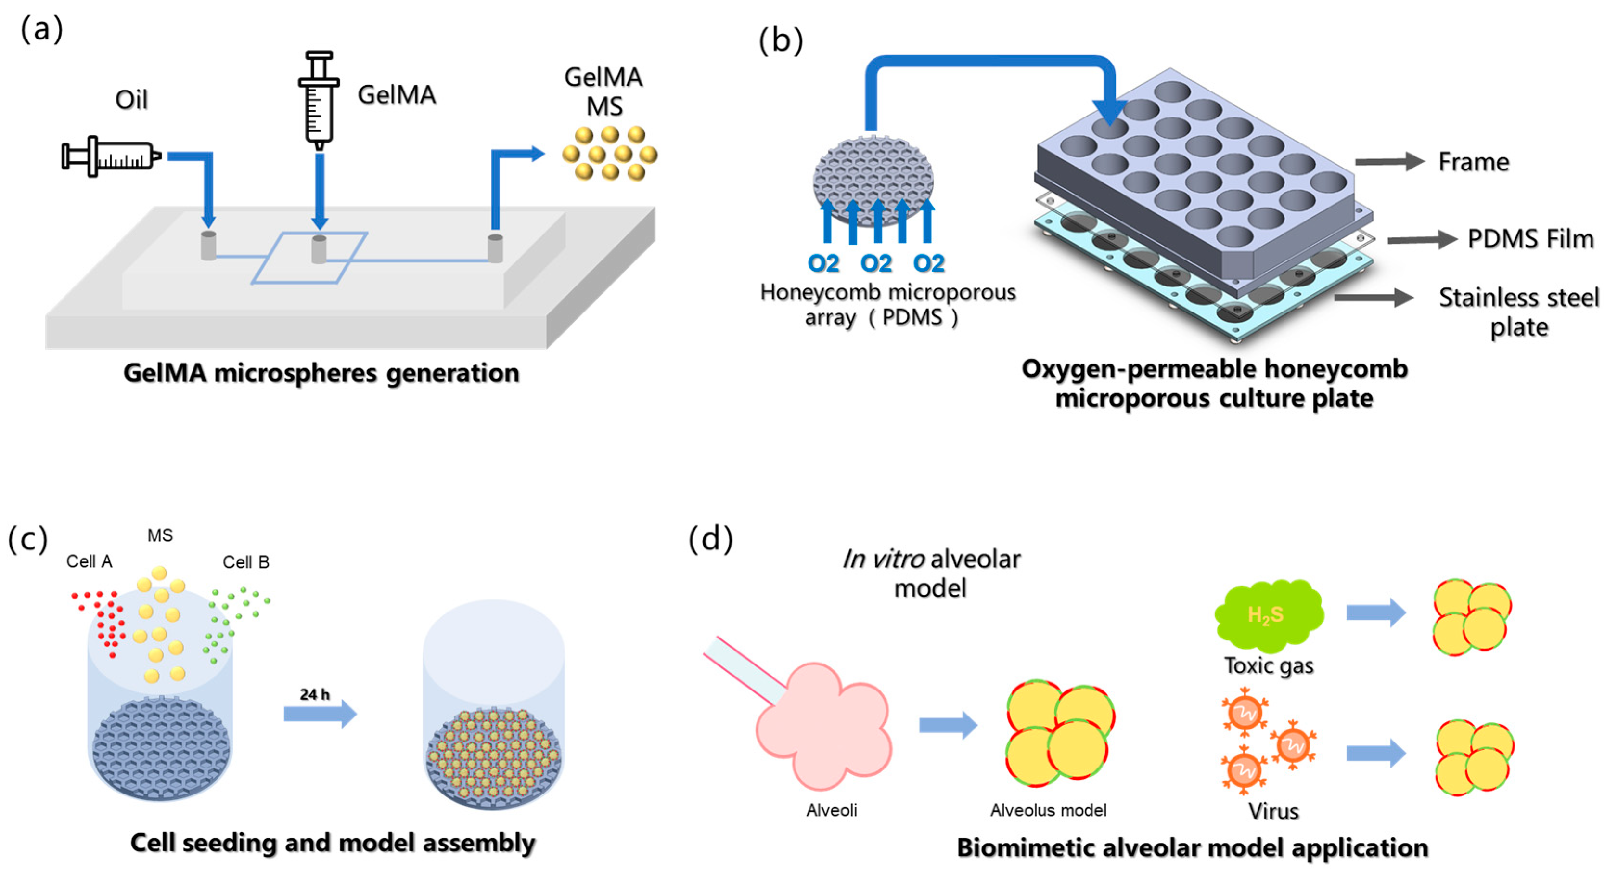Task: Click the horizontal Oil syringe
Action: coord(111,156)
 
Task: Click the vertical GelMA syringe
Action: coord(319,100)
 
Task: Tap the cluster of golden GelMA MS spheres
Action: coord(609,153)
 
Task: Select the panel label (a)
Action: coord(42,29)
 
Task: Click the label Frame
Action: coord(1473,162)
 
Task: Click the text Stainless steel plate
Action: coord(1518,312)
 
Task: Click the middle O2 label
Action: coord(876,264)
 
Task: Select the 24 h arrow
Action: coord(320,713)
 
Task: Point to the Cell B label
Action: coord(246,562)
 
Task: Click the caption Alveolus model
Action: coord(1048,810)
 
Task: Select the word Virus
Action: coord(1273,811)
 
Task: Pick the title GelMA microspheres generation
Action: coord(321,373)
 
